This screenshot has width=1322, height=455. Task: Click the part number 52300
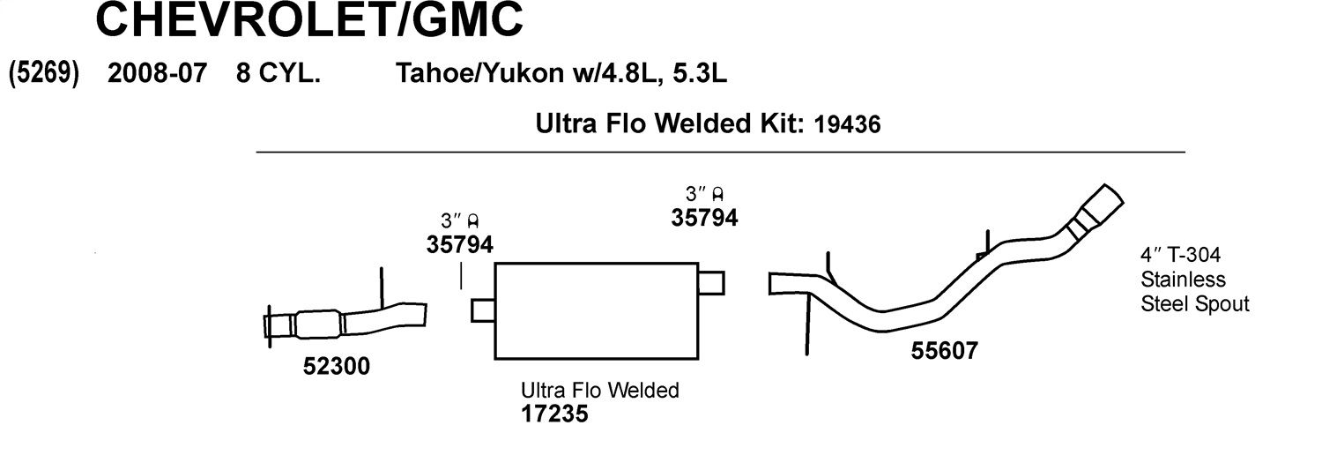[x=337, y=366]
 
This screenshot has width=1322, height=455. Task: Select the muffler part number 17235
[x=554, y=414]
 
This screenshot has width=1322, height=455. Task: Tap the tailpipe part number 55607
[x=944, y=351]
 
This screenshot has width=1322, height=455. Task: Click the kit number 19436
[x=847, y=124]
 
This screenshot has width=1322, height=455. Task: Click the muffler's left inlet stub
[x=483, y=310]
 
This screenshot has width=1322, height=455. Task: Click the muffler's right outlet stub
[x=711, y=283]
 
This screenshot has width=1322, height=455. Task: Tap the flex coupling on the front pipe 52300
[x=318, y=324]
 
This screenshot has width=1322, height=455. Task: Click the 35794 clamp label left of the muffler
[x=460, y=244]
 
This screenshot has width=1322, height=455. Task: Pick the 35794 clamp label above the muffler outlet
[x=704, y=218]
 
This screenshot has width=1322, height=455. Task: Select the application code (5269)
[x=44, y=73]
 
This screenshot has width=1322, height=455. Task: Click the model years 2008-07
[x=157, y=73]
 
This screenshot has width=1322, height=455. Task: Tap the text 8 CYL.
[x=278, y=73]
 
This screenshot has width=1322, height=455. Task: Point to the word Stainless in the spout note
[x=1183, y=280]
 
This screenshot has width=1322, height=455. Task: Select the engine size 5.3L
[x=700, y=74]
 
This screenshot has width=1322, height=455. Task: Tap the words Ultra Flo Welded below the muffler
[x=599, y=390]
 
